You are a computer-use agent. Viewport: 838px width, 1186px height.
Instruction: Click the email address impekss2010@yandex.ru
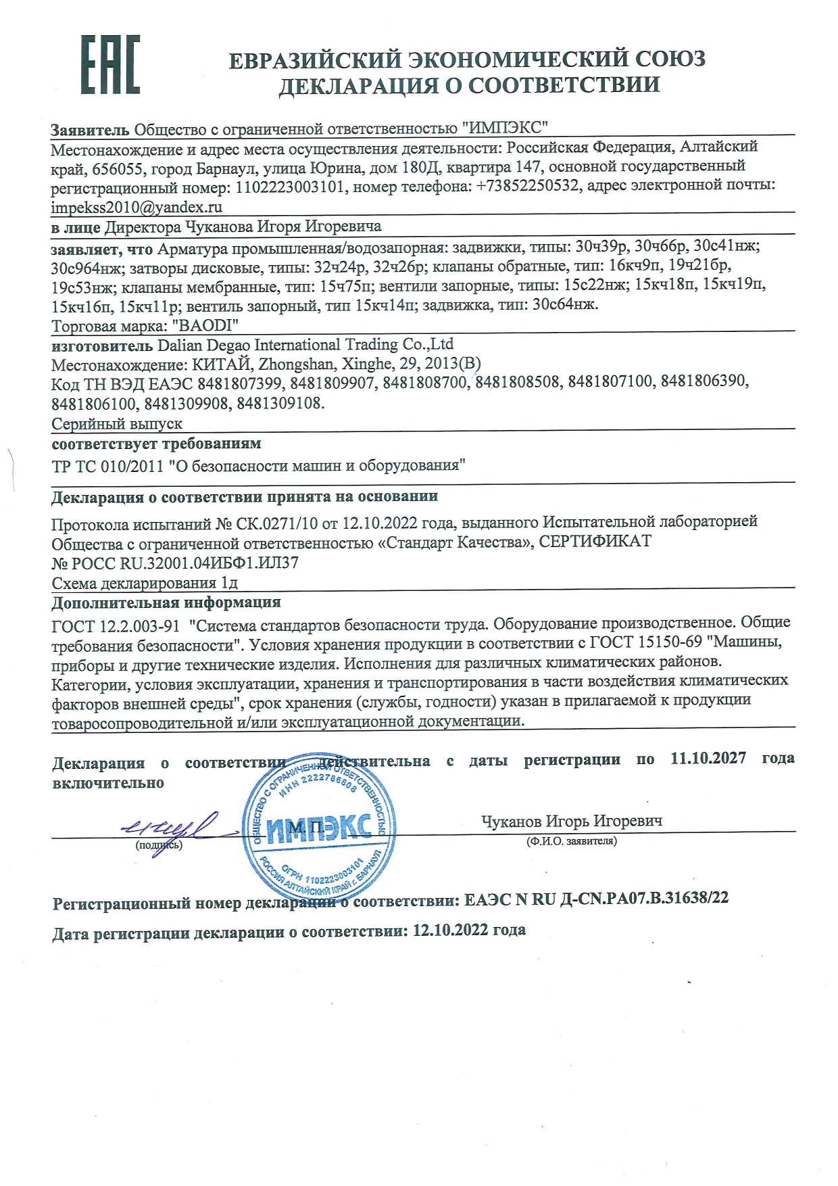coord(137,208)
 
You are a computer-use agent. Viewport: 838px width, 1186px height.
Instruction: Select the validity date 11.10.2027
coord(708,758)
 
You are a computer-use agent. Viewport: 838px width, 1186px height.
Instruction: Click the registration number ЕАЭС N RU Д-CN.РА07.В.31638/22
coord(597,899)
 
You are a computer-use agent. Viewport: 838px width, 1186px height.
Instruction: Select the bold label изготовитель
coord(102,346)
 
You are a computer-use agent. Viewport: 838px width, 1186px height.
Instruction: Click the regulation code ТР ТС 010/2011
coord(107,466)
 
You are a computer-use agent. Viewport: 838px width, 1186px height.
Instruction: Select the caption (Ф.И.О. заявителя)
coord(571,841)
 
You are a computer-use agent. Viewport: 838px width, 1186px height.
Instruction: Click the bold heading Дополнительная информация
coord(166,602)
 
